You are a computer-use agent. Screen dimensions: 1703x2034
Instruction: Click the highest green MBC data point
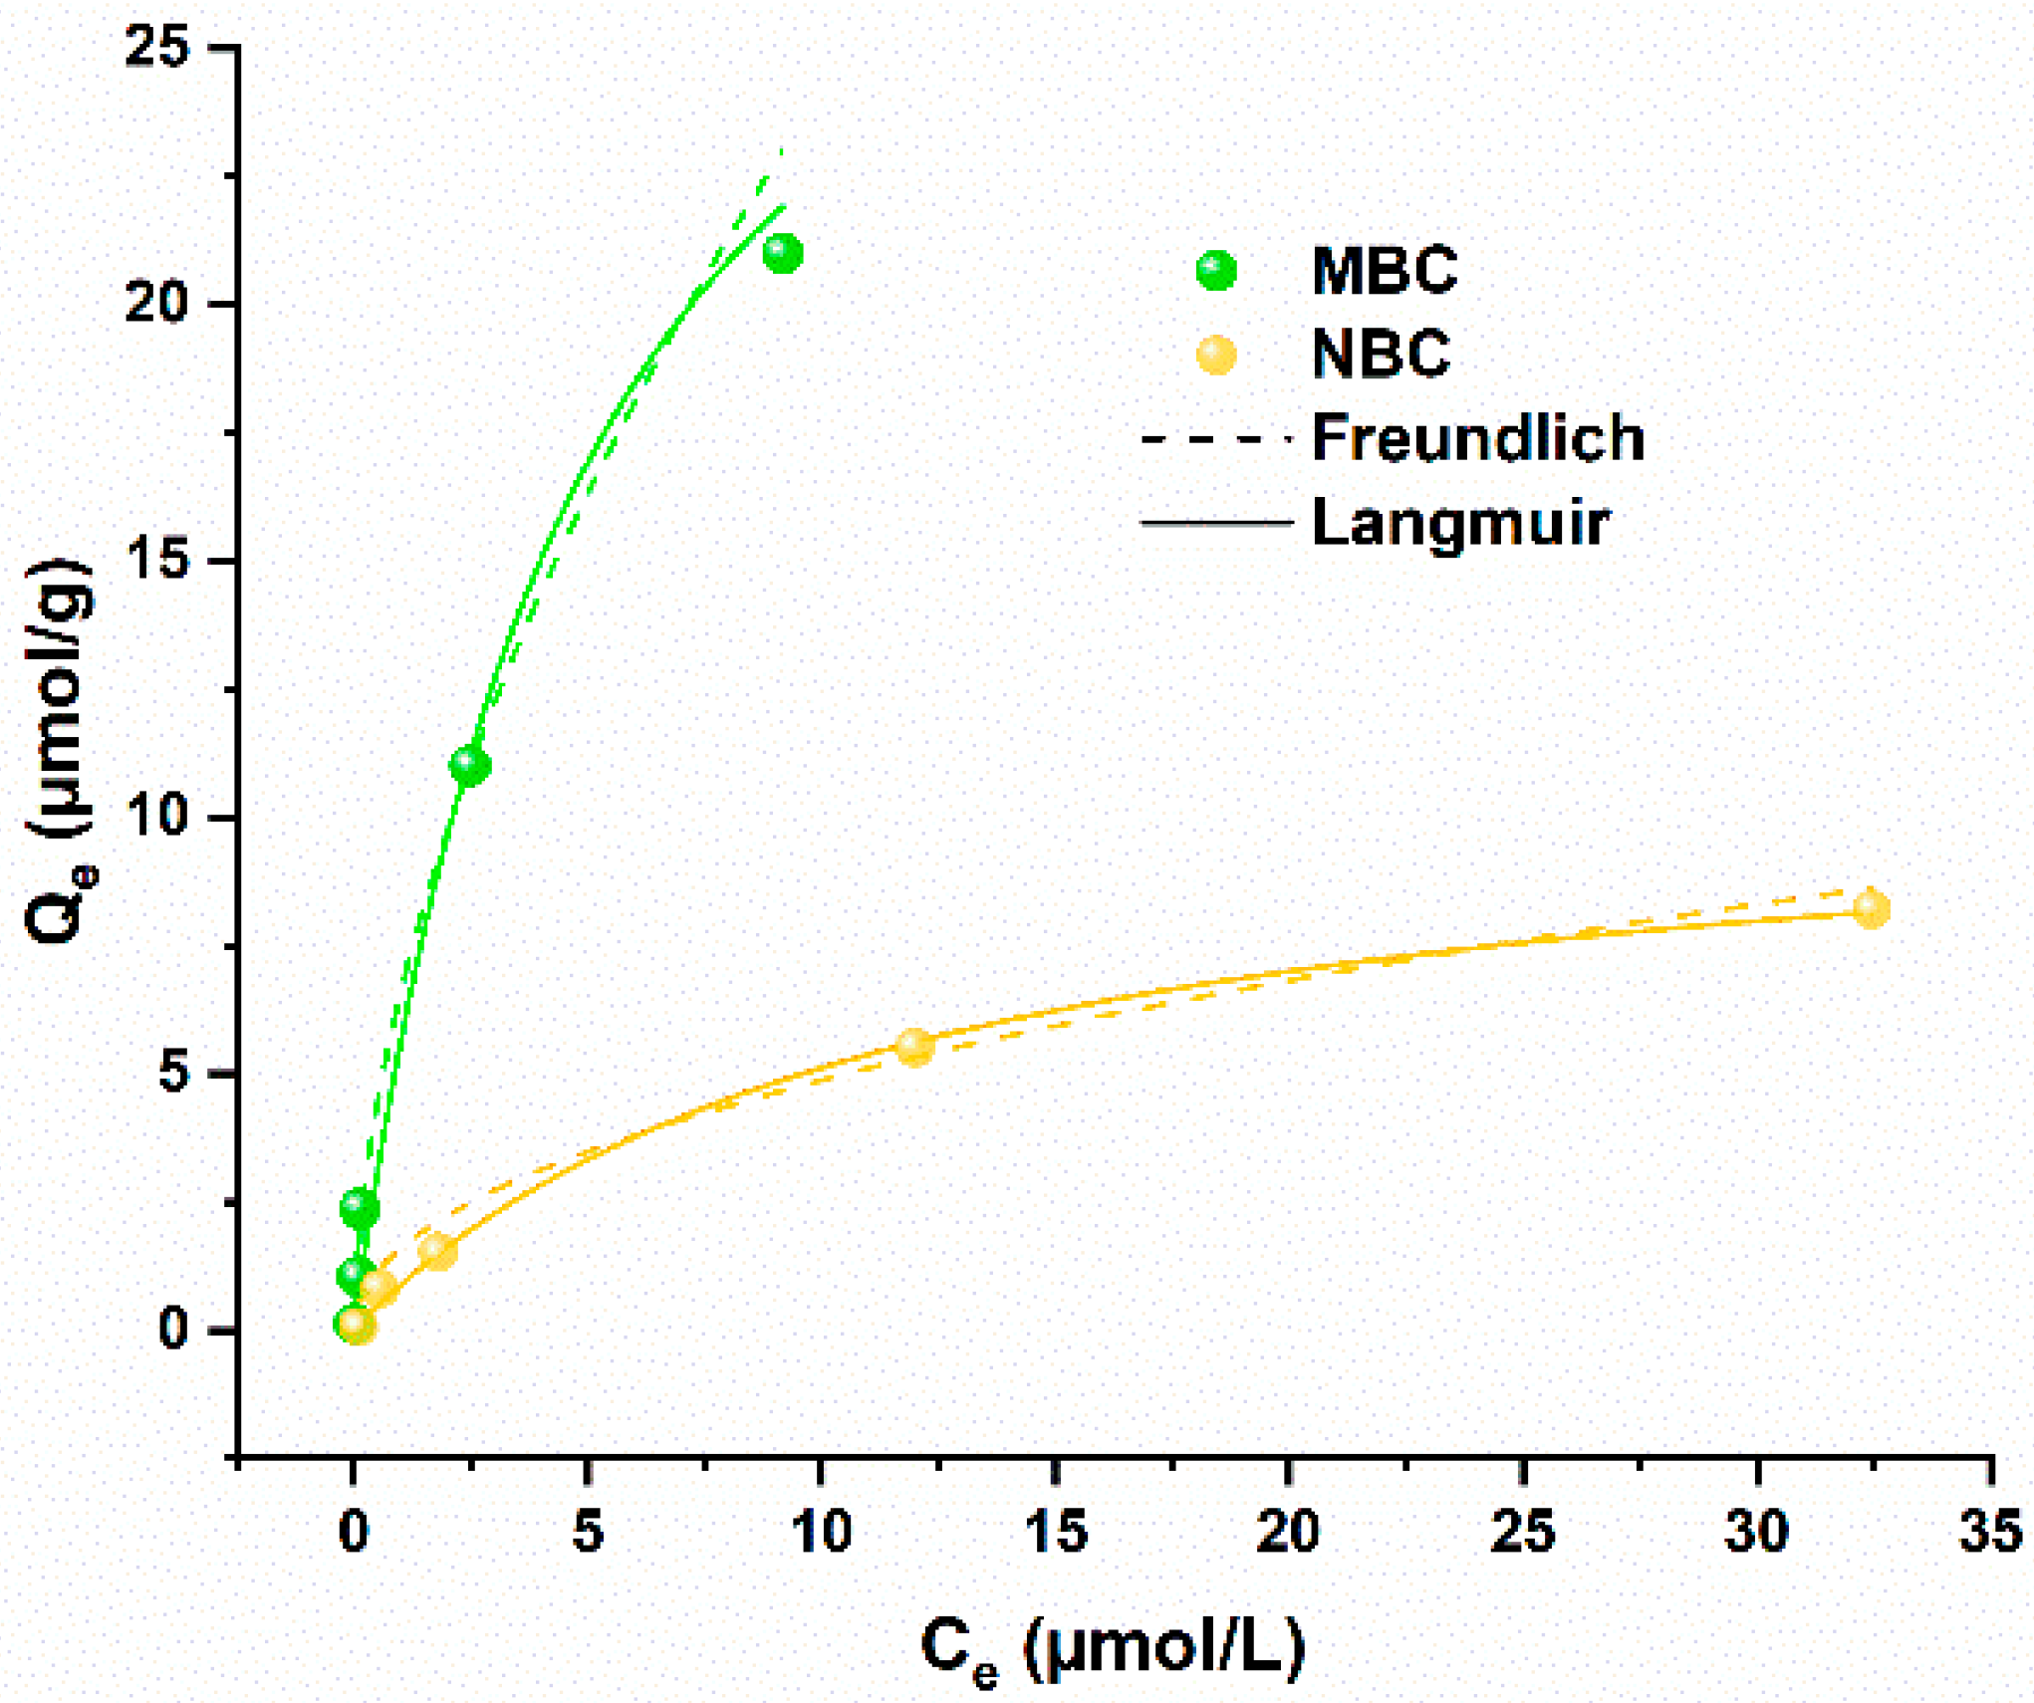coord(783,254)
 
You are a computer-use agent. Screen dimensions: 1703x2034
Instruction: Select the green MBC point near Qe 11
coord(470,765)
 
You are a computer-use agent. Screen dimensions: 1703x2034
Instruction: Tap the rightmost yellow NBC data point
coord(1871,909)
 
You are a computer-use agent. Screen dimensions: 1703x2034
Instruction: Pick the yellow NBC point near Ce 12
coord(914,1047)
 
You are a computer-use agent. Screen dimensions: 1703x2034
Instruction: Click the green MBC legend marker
coord(1216,270)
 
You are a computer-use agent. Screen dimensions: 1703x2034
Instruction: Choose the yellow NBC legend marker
coord(1216,355)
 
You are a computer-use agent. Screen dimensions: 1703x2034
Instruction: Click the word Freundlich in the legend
coord(1477,438)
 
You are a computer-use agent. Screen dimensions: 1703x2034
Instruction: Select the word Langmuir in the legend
coord(1459,523)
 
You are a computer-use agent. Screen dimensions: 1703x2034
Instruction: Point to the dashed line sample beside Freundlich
coord(1216,438)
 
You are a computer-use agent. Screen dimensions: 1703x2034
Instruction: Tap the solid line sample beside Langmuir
coord(1216,523)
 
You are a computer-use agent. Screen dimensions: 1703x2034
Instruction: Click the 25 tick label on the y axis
coord(156,47)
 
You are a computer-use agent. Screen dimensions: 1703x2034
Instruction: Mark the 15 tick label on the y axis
coord(156,561)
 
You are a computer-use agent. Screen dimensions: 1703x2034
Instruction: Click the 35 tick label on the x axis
coord(1990,1532)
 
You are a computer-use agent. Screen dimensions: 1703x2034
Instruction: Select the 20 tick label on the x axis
coord(1288,1532)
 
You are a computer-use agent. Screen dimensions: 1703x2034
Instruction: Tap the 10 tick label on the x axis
coord(821,1532)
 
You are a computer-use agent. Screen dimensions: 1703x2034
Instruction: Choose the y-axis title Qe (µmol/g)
coord(60,752)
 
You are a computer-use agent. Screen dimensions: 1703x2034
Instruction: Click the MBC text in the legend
coord(1385,270)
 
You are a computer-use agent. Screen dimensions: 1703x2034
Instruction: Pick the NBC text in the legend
coord(1381,355)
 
